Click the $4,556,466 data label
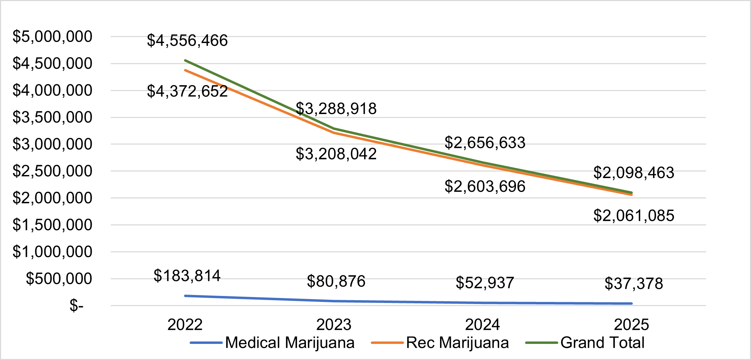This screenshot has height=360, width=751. [187, 41]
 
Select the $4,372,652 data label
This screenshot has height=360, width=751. [187, 91]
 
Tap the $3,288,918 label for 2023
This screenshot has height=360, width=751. [336, 109]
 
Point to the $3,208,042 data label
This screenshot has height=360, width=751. [336, 154]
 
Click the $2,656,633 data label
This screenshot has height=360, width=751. [485, 143]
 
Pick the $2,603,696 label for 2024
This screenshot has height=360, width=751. [485, 186]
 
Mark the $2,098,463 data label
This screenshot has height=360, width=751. [634, 173]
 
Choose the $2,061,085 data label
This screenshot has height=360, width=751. [634, 216]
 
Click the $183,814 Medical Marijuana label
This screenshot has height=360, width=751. [187, 276]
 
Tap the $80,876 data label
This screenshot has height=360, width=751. [336, 281]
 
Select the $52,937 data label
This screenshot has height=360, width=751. [485, 283]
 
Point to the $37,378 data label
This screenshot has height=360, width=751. [634, 283]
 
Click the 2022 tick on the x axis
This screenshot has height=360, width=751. [185, 325]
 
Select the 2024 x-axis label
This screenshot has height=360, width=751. [482, 325]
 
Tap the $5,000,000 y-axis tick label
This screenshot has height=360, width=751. [52, 36]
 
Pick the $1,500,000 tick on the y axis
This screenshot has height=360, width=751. [52, 225]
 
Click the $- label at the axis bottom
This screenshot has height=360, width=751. [76, 305]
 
